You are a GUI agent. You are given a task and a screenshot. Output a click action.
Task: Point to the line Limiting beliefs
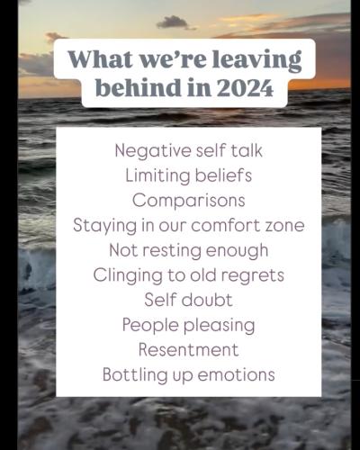pyautogui.click(x=188, y=175)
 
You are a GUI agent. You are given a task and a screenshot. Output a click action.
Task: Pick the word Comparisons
pyautogui.click(x=188, y=200)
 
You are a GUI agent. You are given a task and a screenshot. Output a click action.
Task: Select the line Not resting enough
pyautogui.click(x=188, y=250)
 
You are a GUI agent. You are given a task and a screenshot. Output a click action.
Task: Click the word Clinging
pyautogui.click(x=125, y=275)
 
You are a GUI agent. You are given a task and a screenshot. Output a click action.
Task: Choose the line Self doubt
pyautogui.click(x=188, y=300)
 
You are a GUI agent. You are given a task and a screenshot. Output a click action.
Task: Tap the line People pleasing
pyautogui.click(x=188, y=325)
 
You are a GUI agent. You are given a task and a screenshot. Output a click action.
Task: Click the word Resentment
pyautogui.click(x=188, y=349)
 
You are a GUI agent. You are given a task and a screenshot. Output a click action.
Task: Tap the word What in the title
pyautogui.click(x=96, y=60)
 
